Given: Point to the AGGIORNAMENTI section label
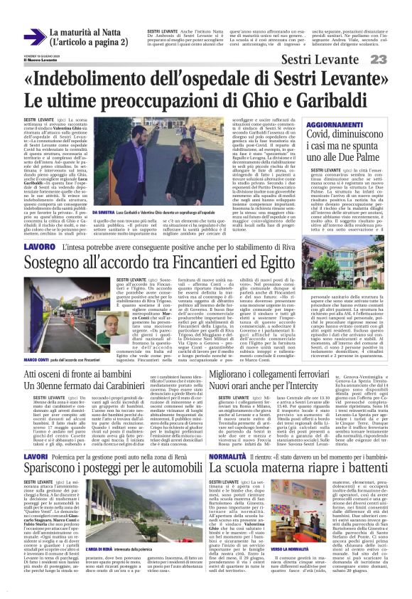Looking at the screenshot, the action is coord(337,124).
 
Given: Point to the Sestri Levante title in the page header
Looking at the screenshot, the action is coord(321,58).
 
